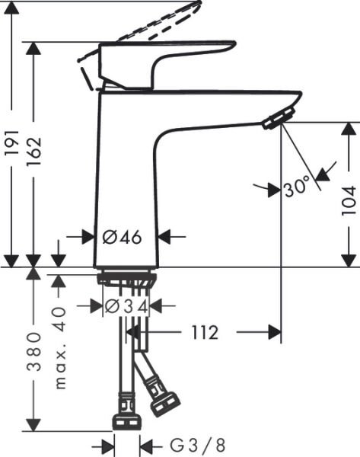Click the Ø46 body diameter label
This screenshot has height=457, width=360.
122,237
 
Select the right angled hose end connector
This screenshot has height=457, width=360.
164,403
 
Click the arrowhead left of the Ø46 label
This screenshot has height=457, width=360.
90,237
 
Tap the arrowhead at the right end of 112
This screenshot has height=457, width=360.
276,333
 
